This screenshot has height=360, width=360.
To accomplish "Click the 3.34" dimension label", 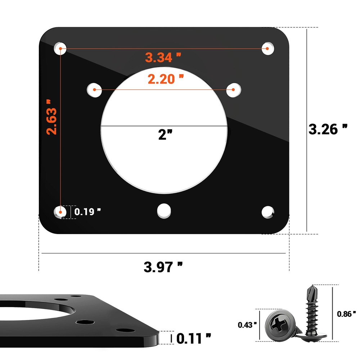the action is pyautogui.click(x=163, y=57).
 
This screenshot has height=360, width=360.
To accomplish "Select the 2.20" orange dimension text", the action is pyautogui.click(x=166, y=79).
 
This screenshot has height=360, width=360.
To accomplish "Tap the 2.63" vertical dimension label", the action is pyautogui.click(x=51, y=117).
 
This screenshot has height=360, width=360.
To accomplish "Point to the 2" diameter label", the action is pyautogui.click(x=165, y=135).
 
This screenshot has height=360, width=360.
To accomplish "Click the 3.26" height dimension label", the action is pyautogui.click(x=328, y=129).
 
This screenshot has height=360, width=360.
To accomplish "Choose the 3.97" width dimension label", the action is pyautogui.click(x=163, y=267).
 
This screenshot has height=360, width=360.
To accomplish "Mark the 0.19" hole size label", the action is pyautogui.click(x=87, y=212).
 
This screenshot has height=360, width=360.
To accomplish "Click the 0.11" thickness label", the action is pyautogui.click(x=194, y=338).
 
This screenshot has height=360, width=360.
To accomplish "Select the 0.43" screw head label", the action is pyautogui.click(x=247, y=325).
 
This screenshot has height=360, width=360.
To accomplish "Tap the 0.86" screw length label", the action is pyautogui.click(x=346, y=314).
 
